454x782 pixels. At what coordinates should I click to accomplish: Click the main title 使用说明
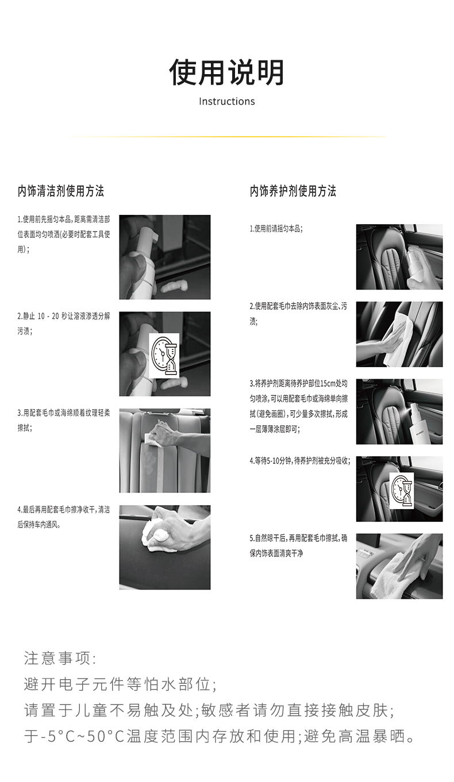click(226, 72)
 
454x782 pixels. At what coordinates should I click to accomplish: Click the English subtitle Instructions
click(227, 102)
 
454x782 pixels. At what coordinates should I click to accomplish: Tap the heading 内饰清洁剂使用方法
click(61, 191)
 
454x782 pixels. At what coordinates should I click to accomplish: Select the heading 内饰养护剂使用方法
click(293, 191)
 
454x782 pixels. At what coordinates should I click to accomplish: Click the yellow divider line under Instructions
click(227, 137)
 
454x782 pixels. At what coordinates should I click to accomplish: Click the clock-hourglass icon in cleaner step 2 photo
click(164, 356)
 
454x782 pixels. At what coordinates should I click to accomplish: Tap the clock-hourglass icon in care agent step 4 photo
click(402, 491)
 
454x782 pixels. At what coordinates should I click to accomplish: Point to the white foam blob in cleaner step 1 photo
click(174, 287)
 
